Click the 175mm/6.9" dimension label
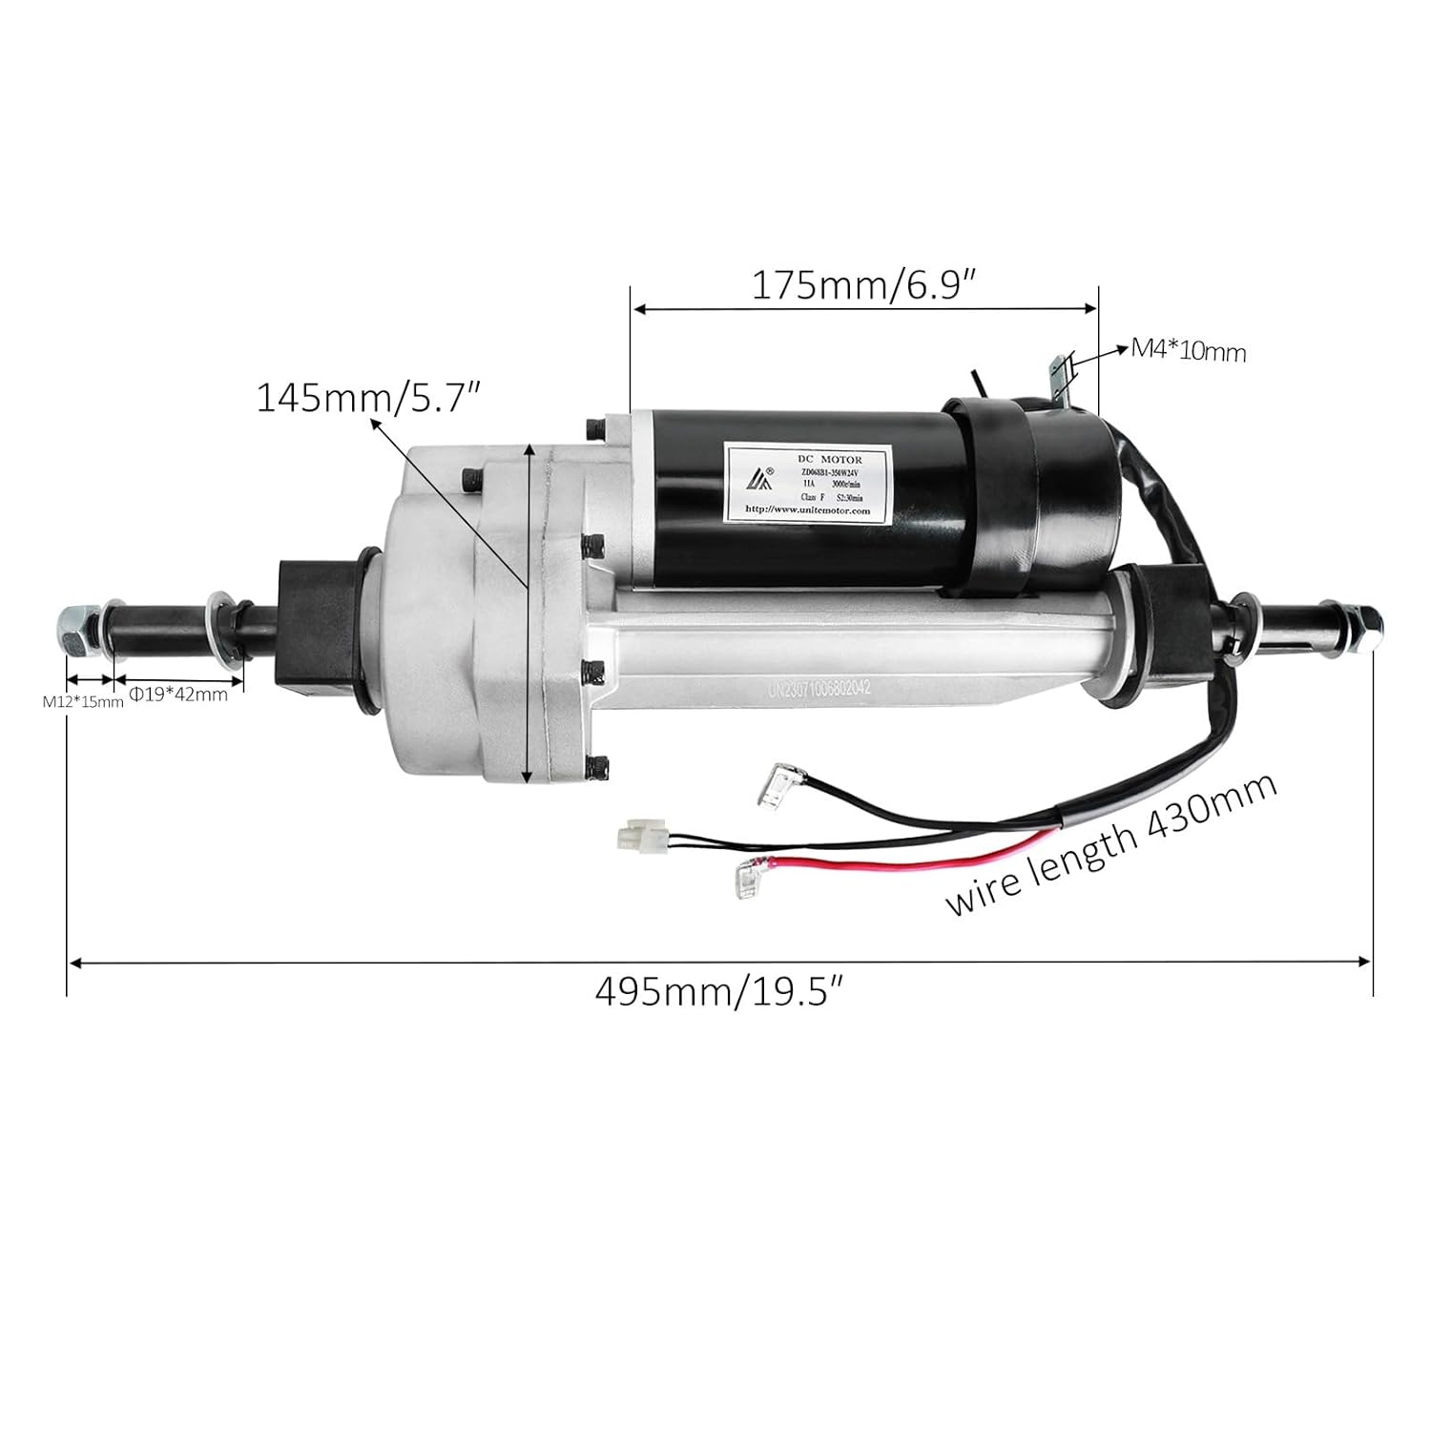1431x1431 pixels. (x=863, y=285)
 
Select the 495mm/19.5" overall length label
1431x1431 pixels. (x=720, y=993)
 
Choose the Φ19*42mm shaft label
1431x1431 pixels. (x=178, y=695)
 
